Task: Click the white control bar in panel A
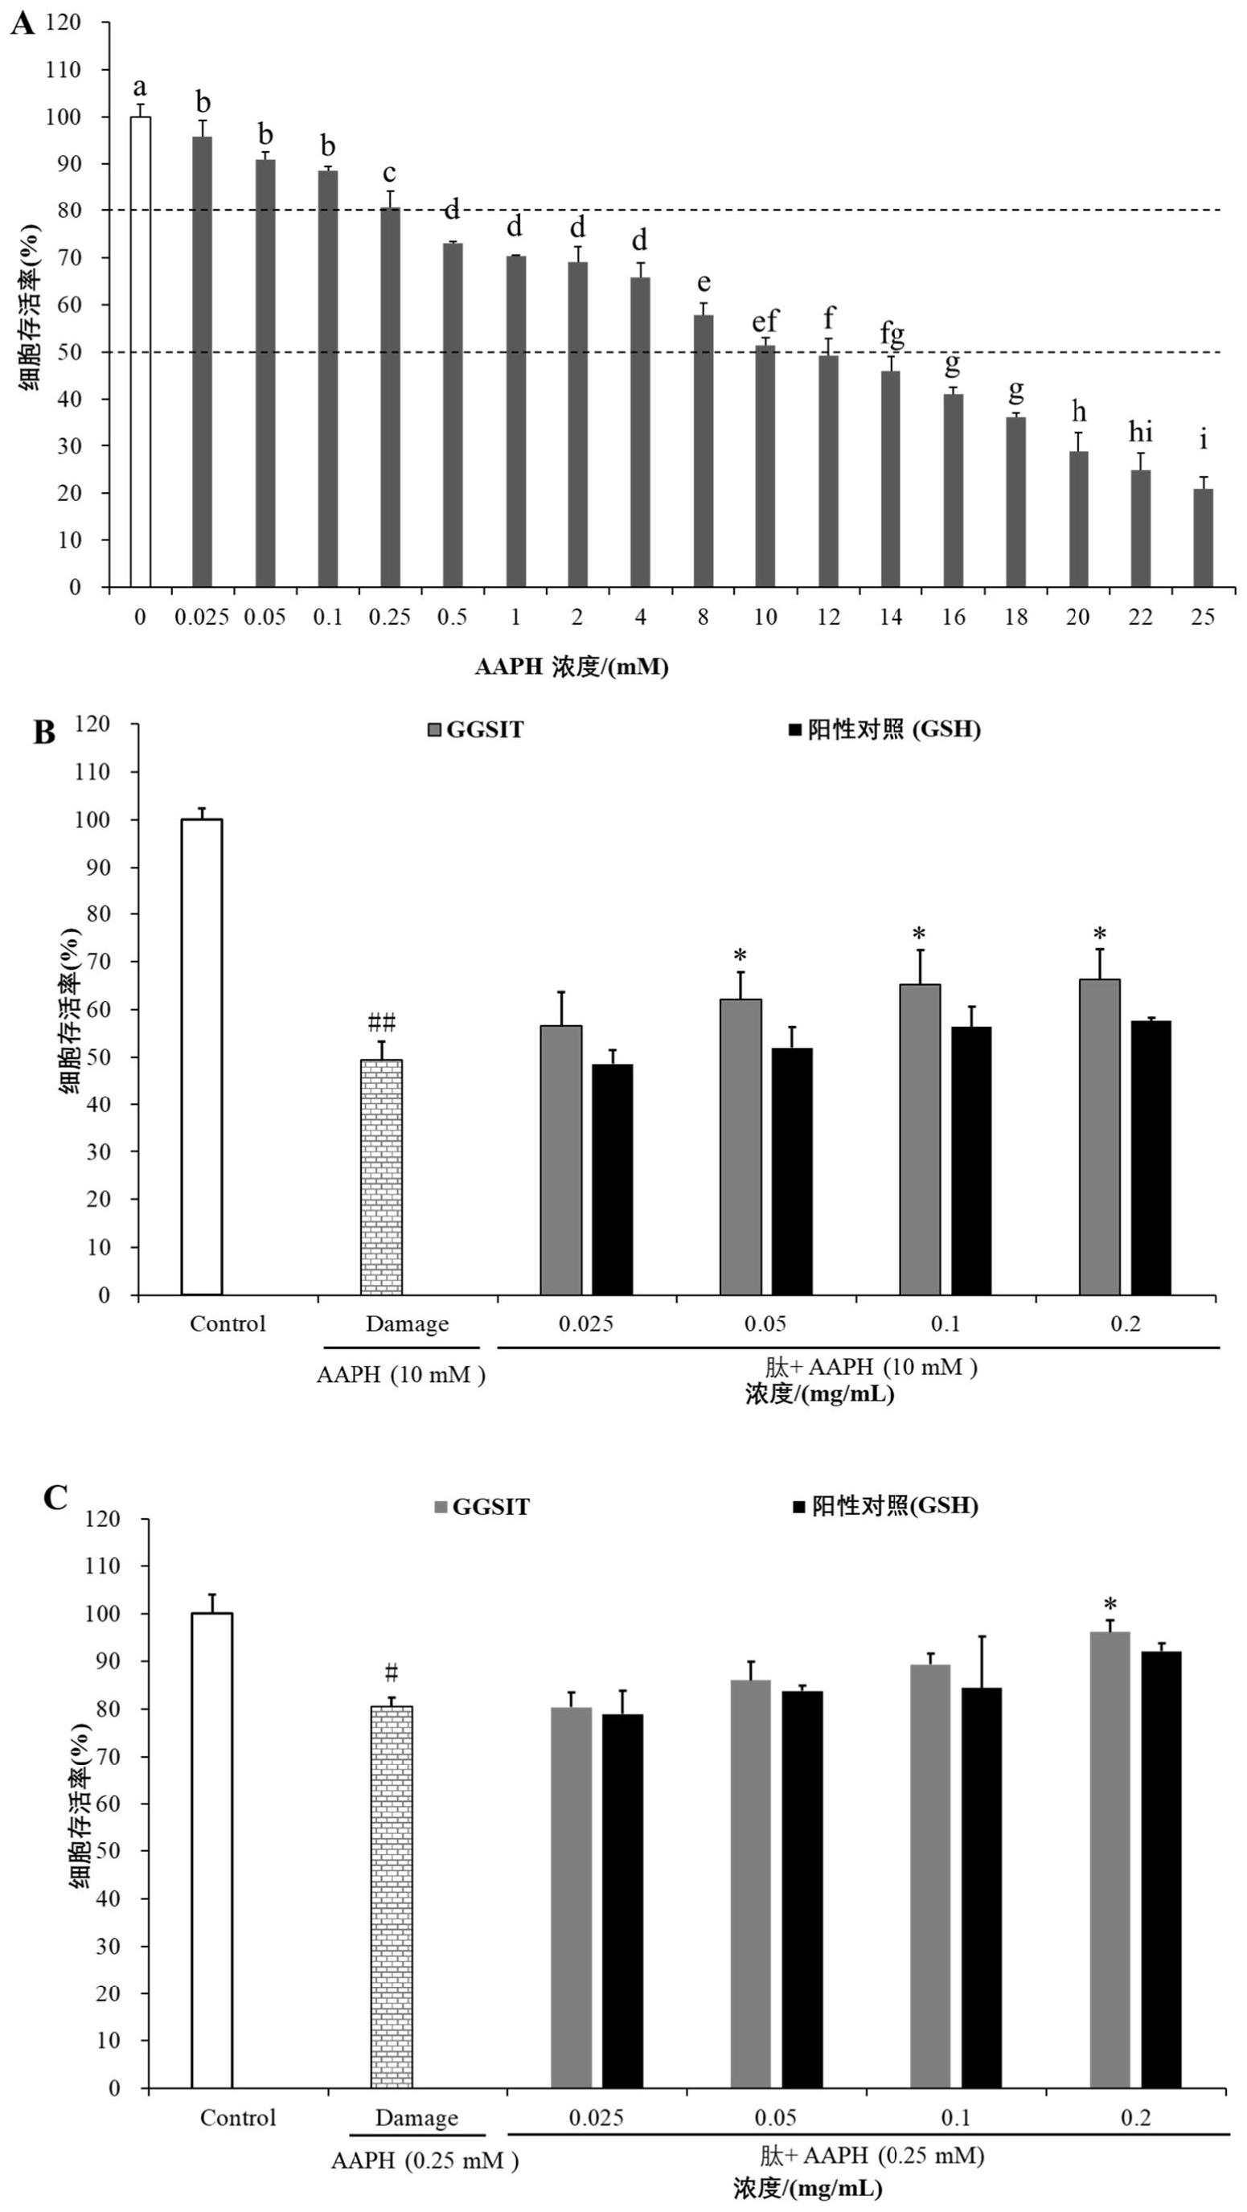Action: [140, 352]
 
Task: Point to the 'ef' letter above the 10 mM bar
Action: [765, 321]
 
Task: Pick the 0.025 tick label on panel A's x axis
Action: [202, 618]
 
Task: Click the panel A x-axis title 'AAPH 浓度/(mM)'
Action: [571, 667]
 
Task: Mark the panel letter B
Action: [43, 733]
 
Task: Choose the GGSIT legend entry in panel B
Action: [476, 730]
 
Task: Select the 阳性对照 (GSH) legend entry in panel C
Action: [884, 1505]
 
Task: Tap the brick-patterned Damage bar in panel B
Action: [380, 1176]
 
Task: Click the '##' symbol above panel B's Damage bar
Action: [381, 1022]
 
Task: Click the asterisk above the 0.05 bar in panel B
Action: [740, 956]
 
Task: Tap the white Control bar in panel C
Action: [211, 1849]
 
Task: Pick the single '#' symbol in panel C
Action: [391, 1672]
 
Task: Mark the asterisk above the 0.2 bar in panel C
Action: [1110, 1604]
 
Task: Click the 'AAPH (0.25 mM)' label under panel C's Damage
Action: [425, 2160]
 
